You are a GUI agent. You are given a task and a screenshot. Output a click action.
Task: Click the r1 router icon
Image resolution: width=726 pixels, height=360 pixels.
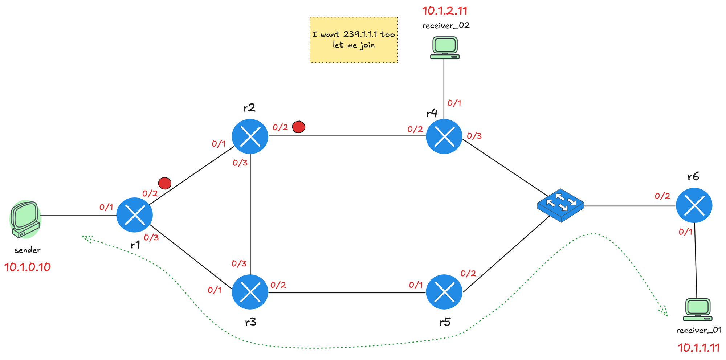134,215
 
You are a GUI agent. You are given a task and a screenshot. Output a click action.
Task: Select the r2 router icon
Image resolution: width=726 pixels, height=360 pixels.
250,136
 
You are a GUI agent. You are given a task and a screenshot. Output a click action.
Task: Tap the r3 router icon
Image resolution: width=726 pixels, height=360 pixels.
250,292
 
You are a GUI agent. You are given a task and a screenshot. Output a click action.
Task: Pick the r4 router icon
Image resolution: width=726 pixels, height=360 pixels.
444,136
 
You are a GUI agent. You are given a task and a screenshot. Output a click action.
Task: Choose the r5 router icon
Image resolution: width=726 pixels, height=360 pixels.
444,292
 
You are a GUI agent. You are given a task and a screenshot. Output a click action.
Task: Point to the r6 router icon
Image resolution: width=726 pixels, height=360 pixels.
694,205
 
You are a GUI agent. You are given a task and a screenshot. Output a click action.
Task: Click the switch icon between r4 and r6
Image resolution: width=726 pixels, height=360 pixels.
560,205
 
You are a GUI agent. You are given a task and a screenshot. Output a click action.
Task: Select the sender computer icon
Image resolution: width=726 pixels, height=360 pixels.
25,220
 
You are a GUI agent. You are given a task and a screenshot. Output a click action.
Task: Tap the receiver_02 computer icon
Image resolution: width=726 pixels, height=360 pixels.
445,48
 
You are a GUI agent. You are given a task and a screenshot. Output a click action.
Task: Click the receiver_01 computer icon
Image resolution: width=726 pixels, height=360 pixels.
697,310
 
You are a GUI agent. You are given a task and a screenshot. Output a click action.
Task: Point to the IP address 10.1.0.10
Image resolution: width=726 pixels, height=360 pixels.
28,267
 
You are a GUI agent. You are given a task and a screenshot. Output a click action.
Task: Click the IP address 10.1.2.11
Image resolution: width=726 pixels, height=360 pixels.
444,11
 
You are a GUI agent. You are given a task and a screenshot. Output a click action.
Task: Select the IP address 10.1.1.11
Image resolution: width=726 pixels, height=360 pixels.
699,348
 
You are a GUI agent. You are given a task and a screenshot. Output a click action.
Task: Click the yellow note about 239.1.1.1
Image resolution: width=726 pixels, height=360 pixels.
354,40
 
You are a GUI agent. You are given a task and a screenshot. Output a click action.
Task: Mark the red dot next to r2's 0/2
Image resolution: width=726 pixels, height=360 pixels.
298,127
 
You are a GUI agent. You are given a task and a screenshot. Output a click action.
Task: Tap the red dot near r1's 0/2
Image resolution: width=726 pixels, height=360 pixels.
165,183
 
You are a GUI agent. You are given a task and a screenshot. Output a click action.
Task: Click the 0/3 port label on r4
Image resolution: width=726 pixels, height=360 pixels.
474,136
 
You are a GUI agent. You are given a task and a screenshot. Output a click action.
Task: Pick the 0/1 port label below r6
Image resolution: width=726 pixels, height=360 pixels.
685,232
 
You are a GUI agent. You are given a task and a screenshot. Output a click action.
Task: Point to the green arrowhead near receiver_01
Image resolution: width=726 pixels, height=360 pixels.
665,313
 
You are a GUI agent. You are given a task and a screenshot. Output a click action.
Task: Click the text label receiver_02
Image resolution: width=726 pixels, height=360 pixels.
446,26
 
